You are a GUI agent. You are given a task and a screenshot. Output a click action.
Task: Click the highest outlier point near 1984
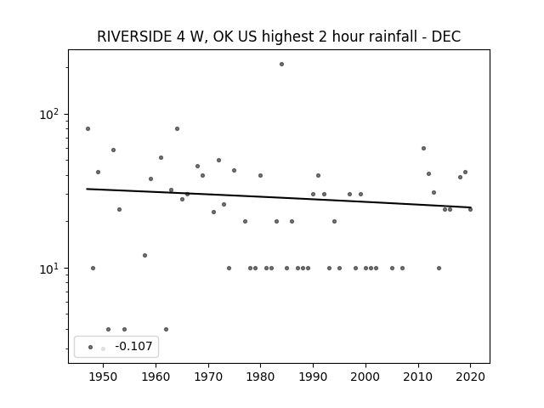[x=281, y=65]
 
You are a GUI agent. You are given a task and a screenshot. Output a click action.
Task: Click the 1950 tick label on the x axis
[x=103, y=377]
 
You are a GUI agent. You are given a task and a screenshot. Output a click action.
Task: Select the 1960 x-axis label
[x=156, y=377]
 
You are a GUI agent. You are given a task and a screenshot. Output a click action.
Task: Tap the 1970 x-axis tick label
[x=208, y=377]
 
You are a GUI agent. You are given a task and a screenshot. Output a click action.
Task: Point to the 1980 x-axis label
[x=261, y=377]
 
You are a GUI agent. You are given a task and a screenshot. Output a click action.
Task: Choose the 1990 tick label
[x=313, y=377]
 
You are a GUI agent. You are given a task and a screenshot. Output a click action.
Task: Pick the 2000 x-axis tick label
[x=365, y=377]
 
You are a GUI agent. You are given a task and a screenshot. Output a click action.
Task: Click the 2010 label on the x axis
[x=418, y=377]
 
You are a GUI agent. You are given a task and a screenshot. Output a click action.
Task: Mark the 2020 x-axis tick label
[x=470, y=377]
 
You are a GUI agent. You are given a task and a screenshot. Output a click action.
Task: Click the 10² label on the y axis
[x=49, y=114]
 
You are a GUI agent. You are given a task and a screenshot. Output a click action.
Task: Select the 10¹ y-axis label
[x=49, y=269]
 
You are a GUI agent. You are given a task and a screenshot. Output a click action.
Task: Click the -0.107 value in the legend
[x=133, y=346]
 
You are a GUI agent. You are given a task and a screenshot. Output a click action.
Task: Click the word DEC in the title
[x=445, y=37]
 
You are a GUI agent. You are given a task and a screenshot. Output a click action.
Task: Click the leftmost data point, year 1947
[x=88, y=128]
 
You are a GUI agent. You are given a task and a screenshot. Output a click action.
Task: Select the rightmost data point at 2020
[x=470, y=210]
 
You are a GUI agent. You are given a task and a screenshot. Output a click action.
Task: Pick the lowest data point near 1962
[x=167, y=329]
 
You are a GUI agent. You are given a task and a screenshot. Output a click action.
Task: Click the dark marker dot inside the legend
[x=91, y=347]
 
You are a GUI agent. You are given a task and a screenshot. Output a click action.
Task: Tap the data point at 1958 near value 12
[x=145, y=256]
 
